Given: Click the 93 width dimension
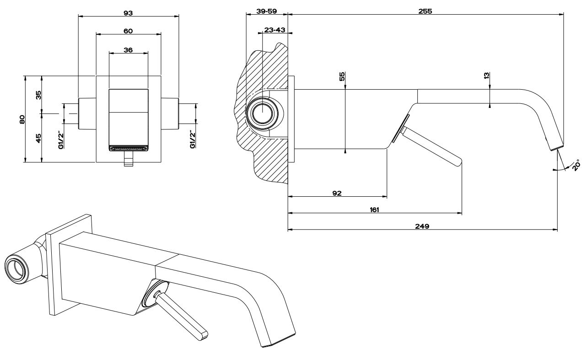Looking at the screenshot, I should click(x=128, y=13).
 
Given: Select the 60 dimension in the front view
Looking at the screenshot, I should click(x=128, y=31).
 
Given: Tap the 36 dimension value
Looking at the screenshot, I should click(x=128, y=50).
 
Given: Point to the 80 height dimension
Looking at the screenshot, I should click(x=22, y=119).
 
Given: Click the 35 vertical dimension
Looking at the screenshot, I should click(x=38, y=95).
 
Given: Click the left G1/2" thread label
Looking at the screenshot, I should click(x=61, y=140).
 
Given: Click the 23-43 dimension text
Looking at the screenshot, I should click(x=275, y=30).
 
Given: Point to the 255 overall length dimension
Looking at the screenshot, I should click(x=425, y=11).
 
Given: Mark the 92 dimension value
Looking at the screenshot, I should click(x=337, y=193).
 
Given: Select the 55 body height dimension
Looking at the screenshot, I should click(x=342, y=76).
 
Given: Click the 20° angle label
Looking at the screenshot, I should click(x=575, y=165).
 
